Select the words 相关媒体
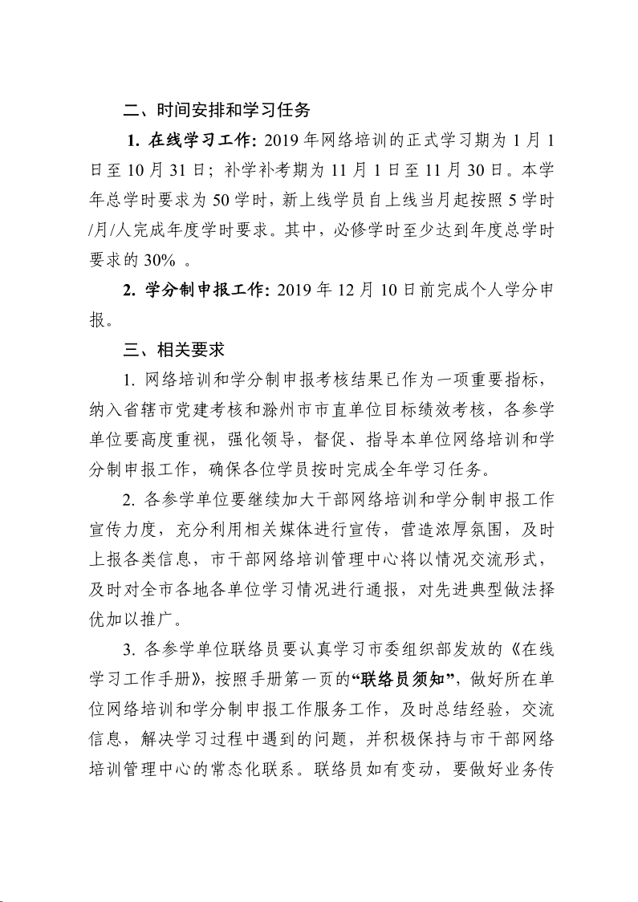[291, 528]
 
